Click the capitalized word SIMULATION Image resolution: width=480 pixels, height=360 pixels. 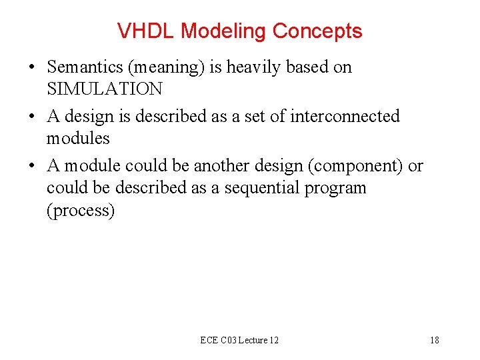[x=104, y=89]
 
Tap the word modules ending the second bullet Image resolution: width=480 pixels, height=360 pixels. [x=78, y=138]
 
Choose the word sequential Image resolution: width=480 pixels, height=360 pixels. [x=263, y=188]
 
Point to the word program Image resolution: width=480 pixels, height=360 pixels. [x=335, y=189]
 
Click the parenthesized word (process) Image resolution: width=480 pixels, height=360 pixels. [x=81, y=211]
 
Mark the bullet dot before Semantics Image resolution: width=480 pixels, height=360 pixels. [x=32, y=67]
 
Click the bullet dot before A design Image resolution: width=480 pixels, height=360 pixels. [x=32, y=117]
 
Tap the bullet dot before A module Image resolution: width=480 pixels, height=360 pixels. [x=32, y=166]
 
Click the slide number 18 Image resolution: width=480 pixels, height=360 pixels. [x=434, y=340]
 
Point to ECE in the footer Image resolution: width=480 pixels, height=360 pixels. [x=209, y=340]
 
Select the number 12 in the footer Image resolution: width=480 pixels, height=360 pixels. [x=273, y=340]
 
